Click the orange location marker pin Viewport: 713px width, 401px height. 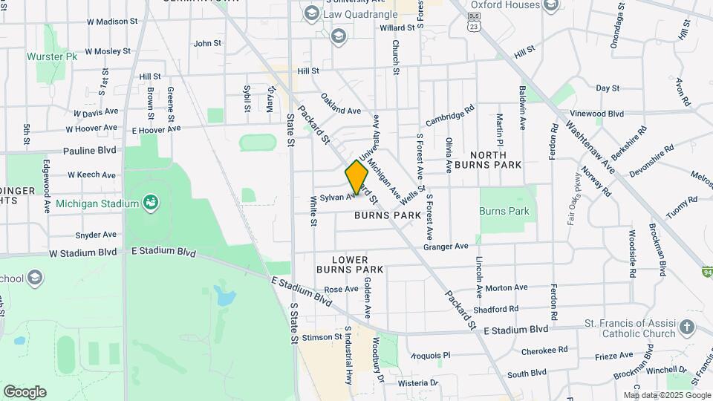click(356, 177)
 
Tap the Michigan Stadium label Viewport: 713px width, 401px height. click(97, 203)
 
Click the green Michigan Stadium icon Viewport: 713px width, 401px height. click(151, 202)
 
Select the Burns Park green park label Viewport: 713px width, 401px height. click(504, 211)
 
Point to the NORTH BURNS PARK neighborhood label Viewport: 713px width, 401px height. click(487, 159)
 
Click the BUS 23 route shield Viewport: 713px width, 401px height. click(474, 25)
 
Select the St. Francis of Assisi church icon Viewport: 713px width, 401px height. click(688, 327)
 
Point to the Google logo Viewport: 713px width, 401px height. click(25, 391)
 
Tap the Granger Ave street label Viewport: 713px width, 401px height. click(446, 246)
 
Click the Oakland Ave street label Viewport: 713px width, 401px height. click(341, 104)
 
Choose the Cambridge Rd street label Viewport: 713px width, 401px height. click(449, 115)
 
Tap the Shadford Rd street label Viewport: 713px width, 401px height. click(495, 309)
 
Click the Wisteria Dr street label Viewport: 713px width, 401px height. click(418, 383)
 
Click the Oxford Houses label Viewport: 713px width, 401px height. click(504, 4)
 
